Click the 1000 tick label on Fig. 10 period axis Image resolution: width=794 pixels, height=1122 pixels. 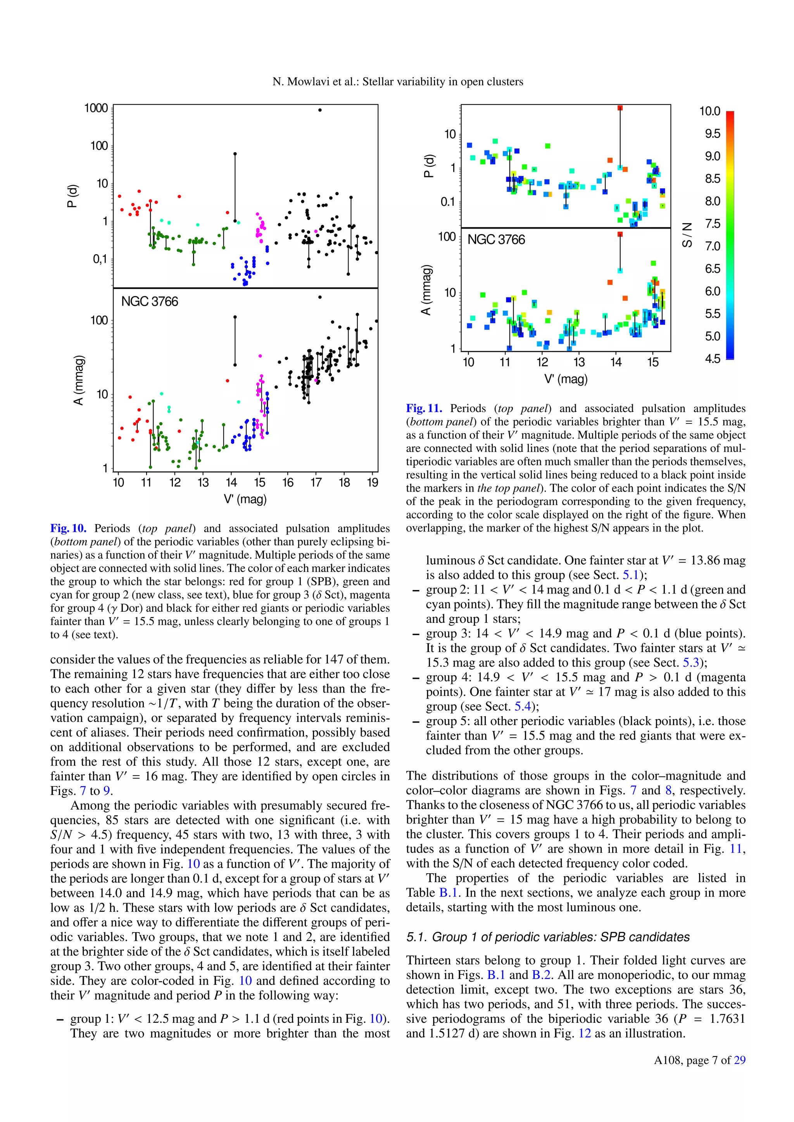pos(96,108)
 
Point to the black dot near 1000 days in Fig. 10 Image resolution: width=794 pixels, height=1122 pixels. pos(320,110)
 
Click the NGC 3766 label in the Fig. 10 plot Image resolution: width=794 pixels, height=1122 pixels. pos(150,301)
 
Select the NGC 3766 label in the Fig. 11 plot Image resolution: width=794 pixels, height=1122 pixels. pos(496,239)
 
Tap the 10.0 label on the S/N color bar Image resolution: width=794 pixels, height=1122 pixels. pos(709,112)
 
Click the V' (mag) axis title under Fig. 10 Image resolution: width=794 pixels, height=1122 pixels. pos(245,499)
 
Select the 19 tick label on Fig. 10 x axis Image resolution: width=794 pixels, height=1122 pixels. pos(372,483)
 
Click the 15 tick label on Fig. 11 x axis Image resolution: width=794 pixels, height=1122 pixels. pos(653,362)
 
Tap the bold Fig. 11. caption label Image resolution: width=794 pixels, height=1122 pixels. pos(424,408)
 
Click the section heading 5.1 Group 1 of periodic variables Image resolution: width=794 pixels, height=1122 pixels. pos(547,937)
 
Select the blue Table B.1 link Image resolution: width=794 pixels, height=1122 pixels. pos(449,893)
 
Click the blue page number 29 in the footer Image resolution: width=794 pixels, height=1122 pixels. pos(740,1060)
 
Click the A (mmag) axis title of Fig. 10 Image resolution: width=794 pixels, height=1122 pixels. pos(79,380)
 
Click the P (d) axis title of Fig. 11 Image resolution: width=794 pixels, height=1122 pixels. pos(429,166)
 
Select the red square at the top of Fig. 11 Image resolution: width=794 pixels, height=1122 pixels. pos(620,108)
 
